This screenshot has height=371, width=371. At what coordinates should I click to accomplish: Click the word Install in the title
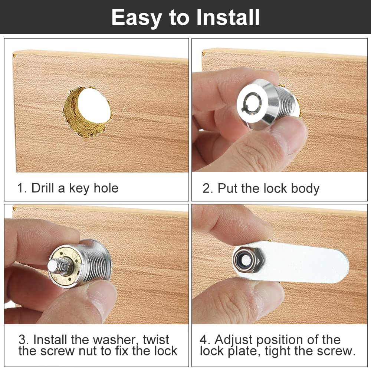pos(229,17)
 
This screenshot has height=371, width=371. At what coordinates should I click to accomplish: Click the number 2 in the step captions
pos(206,188)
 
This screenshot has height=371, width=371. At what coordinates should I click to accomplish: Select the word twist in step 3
pos(156,339)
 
